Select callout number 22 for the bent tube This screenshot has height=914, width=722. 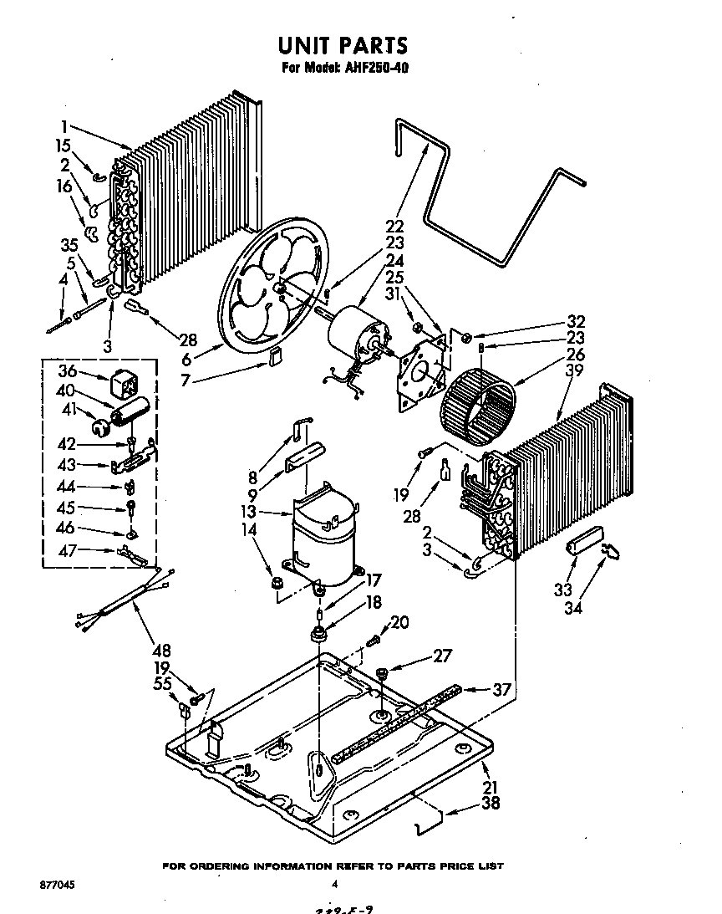click(394, 226)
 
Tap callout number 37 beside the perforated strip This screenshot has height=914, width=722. click(501, 689)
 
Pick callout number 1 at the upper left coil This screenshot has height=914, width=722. click(64, 127)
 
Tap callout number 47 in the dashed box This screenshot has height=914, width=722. click(68, 549)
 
